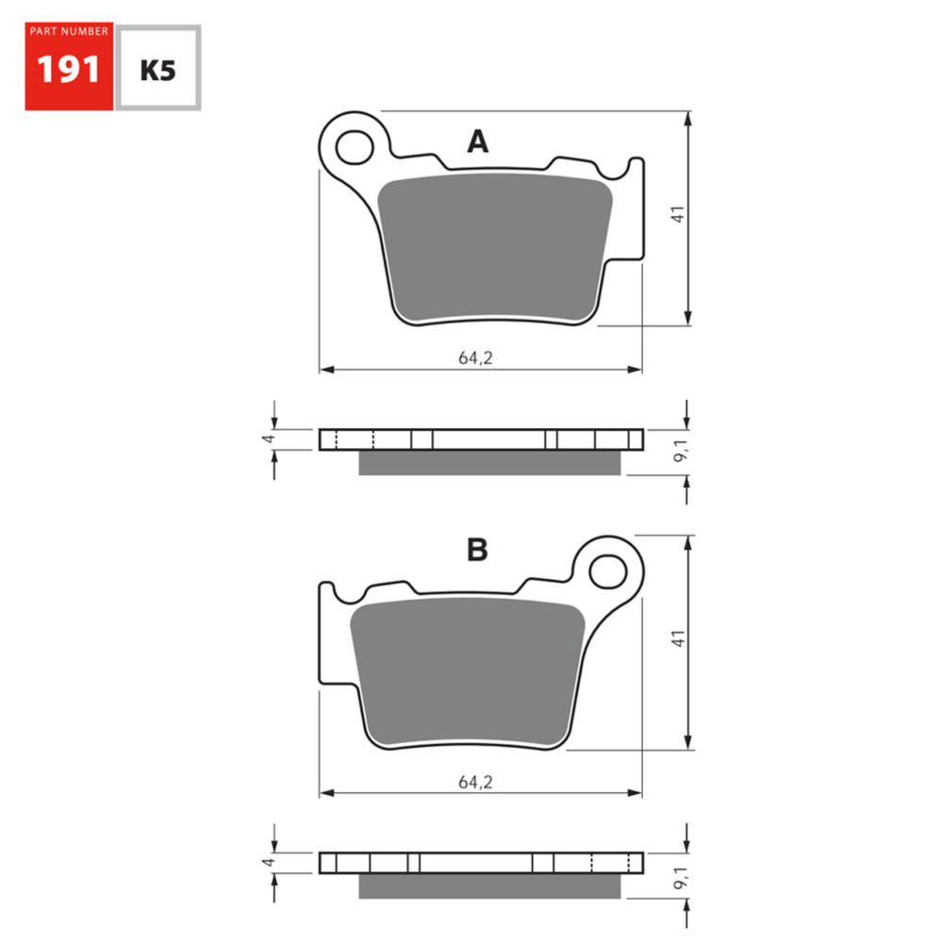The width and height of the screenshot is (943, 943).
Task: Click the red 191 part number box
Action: pyautogui.click(x=69, y=67)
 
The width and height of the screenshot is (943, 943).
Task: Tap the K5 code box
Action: pyautogui.click(x=157, y=69)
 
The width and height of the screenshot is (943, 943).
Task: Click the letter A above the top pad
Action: pyautogui.click(x=478, y=142)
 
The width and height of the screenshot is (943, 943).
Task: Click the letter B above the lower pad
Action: pyautogui.click(x=477, y=551)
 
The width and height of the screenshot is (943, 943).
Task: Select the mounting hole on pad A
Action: pyautogui.click(x=355, y=147)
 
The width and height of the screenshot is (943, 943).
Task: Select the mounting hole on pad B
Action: pyautogui.click(x=608, y=570)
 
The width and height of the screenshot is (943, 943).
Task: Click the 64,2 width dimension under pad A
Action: pyautogui.click(x=476, y=357)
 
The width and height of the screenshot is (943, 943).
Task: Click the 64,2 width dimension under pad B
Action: pyautogui.click(x=476, y=782)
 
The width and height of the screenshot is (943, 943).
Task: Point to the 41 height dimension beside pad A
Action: pyautogui.click(x=677, y=214)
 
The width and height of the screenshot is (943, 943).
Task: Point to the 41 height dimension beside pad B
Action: pyautogui.click(x=677, y=638)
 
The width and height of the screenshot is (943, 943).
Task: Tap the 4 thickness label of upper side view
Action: pyautogui.click(x=268, y=438)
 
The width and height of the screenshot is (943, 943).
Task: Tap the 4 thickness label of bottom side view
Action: pyautogui.click(x=268, y=862)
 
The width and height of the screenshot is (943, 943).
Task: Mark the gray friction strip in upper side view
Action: pyautogui.click(x=490, y=462)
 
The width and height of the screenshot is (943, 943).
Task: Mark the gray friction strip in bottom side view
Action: pyautogui.click(x=490, y=885)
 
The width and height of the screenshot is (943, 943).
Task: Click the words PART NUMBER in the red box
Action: pyautogui.click(x=69, y=32)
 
